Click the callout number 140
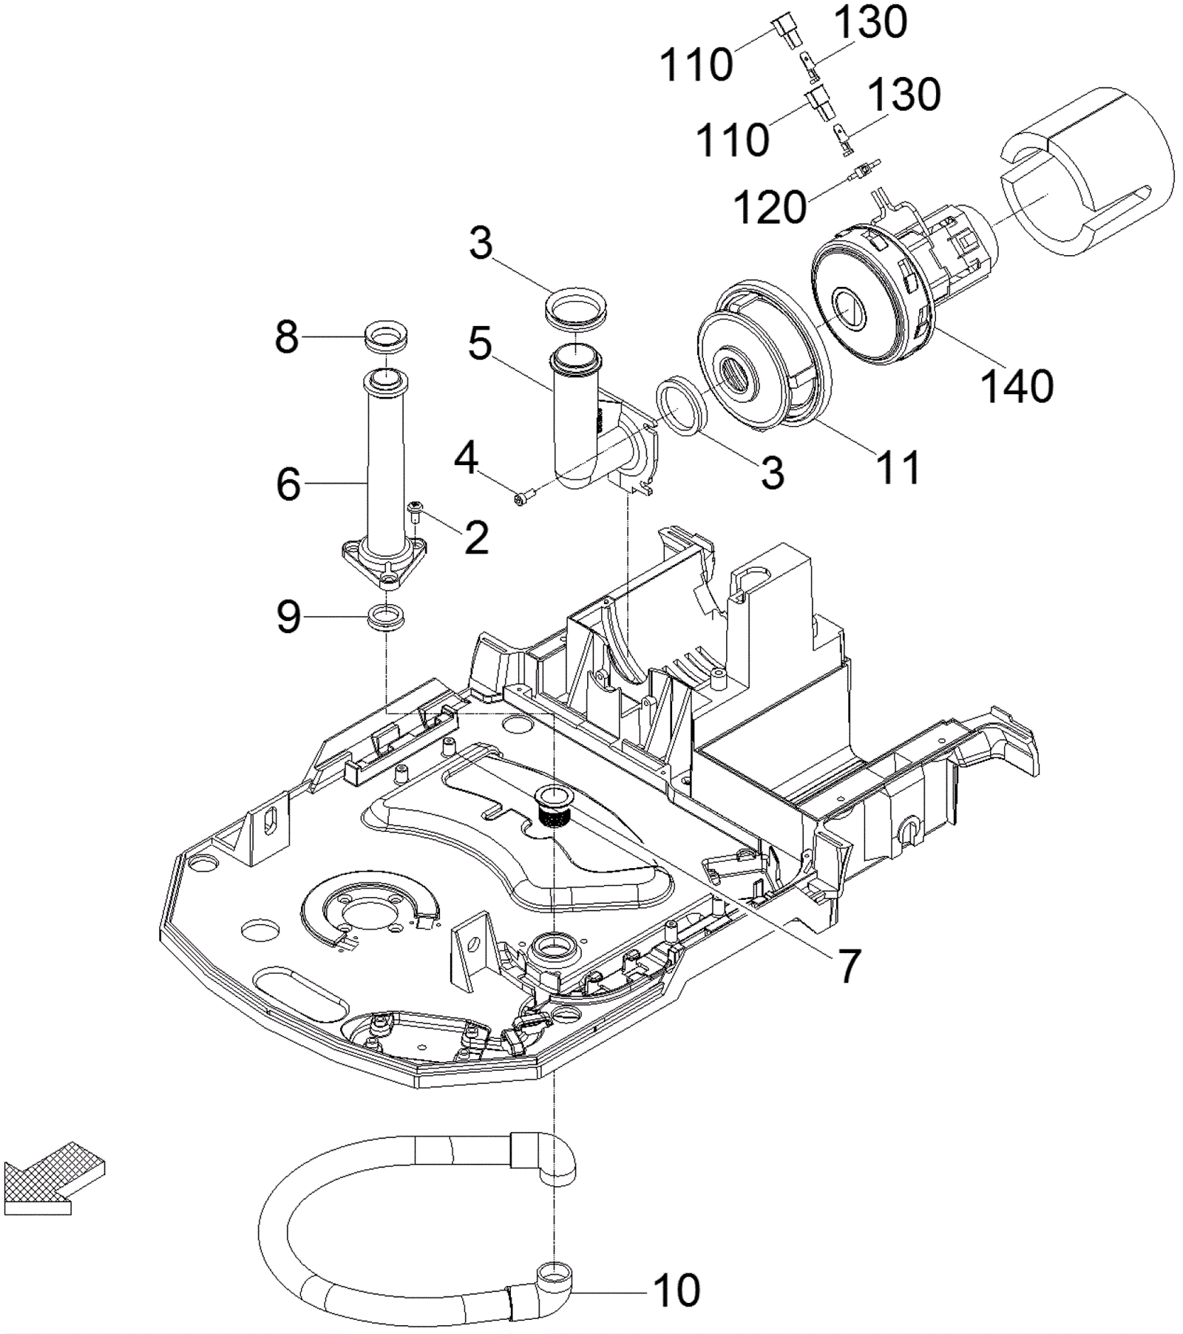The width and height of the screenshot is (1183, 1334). click(x=1017, y=386)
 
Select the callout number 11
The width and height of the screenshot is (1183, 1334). click(x=898, y=467)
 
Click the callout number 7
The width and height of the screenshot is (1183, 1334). click(x=848, y=965)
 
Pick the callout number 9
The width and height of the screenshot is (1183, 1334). click(x=289, y=616)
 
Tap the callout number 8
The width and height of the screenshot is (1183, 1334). click(x=287, y=337)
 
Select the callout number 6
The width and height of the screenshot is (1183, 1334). click(x=288, y=484)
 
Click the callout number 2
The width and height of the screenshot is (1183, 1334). click(x=476, y=538)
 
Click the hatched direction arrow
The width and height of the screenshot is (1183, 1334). click(x=52, y=1177)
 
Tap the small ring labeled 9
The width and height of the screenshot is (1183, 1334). click(x=386, y=617)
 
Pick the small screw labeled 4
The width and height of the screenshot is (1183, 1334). click(x=522, y=501)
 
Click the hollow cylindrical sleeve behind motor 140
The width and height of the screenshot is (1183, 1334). click(x=1087, y=170)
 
